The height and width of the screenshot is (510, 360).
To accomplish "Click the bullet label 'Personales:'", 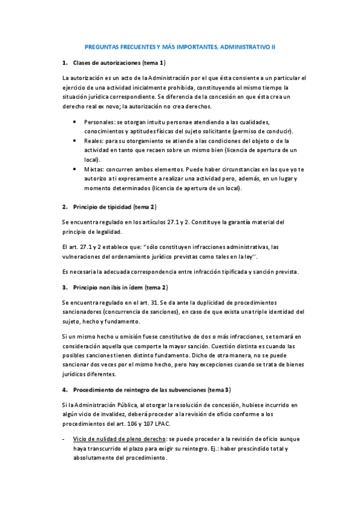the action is [x=99, y=122].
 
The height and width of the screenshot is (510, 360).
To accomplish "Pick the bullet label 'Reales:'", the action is [x=94, y=141].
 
